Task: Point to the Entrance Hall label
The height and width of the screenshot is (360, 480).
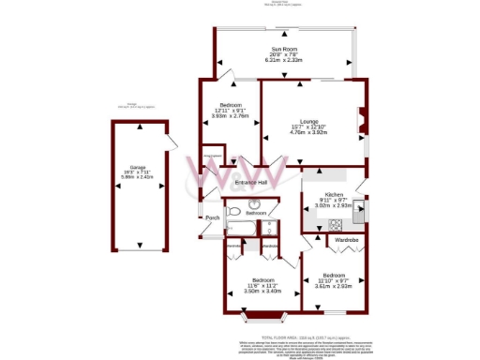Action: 251,181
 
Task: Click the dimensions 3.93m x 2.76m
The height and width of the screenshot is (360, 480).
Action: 230,115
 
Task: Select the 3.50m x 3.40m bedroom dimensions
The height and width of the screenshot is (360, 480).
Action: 262,291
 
